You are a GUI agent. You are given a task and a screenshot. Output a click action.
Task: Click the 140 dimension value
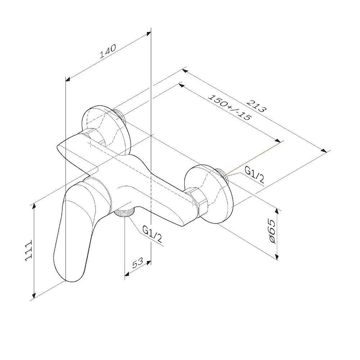tap(108, 51)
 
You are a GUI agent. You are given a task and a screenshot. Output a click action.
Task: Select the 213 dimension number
tap(256, 106)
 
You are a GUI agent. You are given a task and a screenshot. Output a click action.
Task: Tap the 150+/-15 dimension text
tap(230, 107)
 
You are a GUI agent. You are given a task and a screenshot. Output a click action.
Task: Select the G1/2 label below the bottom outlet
tap(152, 234)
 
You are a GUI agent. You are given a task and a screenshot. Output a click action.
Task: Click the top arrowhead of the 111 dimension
tap(34, 206)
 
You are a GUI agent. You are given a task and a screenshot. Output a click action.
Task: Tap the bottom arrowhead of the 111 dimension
tap(34, 295)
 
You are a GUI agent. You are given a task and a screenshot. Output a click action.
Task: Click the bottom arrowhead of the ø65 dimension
tap(277, 257)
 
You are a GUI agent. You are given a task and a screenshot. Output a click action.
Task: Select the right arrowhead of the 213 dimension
tap(324, 150)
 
